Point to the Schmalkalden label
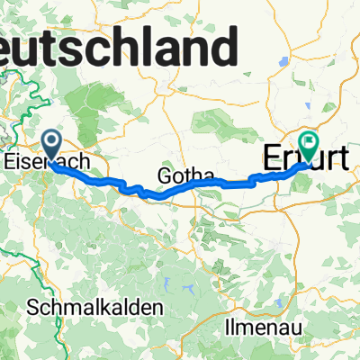pyautogui.click(x=95, y=307)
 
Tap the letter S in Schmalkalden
pyautogui.click(x=33, y=307)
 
